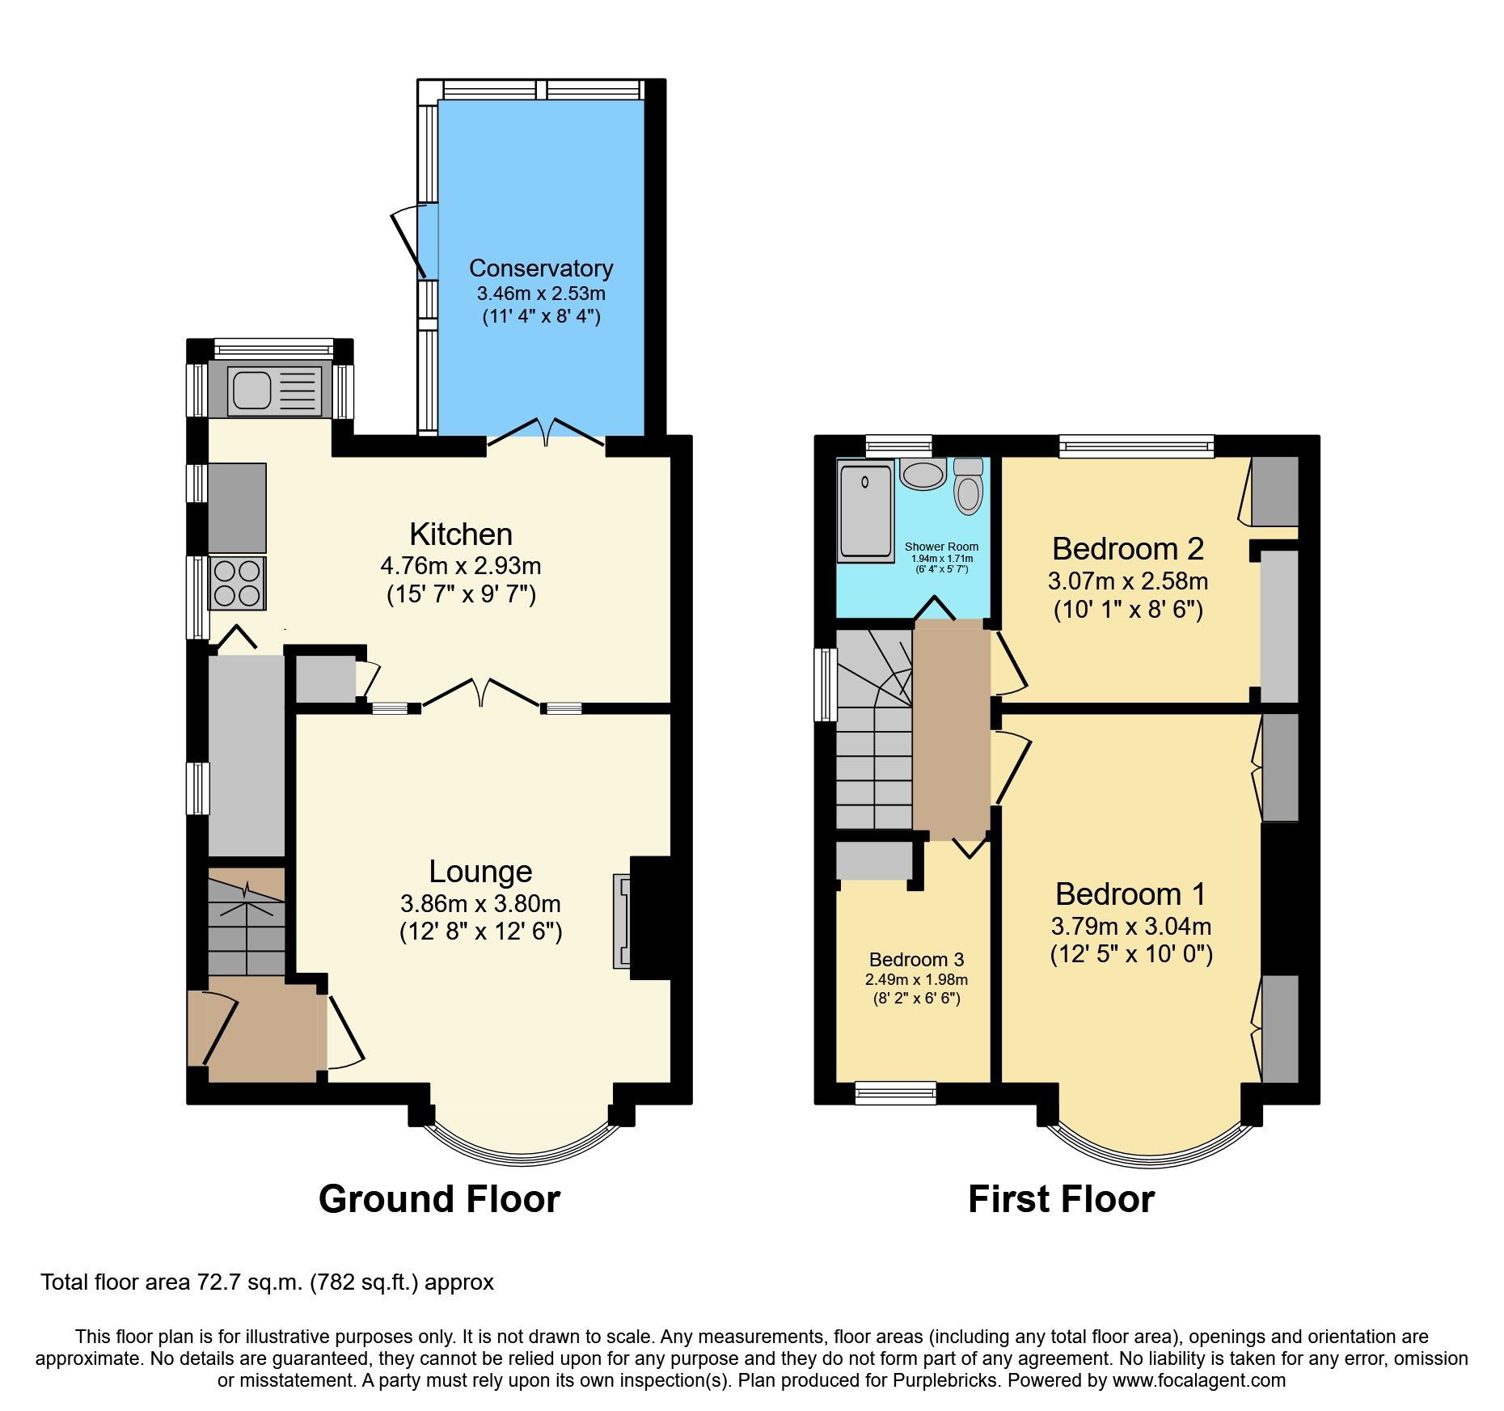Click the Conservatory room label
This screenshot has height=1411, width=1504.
(540, 268)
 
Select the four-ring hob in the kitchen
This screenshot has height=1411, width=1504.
(237, 583)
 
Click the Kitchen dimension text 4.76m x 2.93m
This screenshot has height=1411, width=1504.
(461, 565)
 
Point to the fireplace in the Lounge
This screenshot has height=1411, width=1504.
(623, 920)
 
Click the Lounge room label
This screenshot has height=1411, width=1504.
(480, 872)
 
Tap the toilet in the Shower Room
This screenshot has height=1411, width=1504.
(968, 487)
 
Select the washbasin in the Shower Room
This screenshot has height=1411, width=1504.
(923, 473)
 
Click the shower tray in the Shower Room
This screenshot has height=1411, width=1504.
(866, 510)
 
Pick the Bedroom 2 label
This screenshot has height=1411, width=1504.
(1127, 549)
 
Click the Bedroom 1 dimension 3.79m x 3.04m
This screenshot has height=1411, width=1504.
(1130, 926)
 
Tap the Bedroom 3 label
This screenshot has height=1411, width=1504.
(916, 960)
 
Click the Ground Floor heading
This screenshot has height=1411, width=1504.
(439, 1198)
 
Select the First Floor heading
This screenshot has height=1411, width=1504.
(1061, 1198)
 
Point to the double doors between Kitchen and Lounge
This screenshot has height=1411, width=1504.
(480, 693)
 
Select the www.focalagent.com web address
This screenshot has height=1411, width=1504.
(1198, 1380)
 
